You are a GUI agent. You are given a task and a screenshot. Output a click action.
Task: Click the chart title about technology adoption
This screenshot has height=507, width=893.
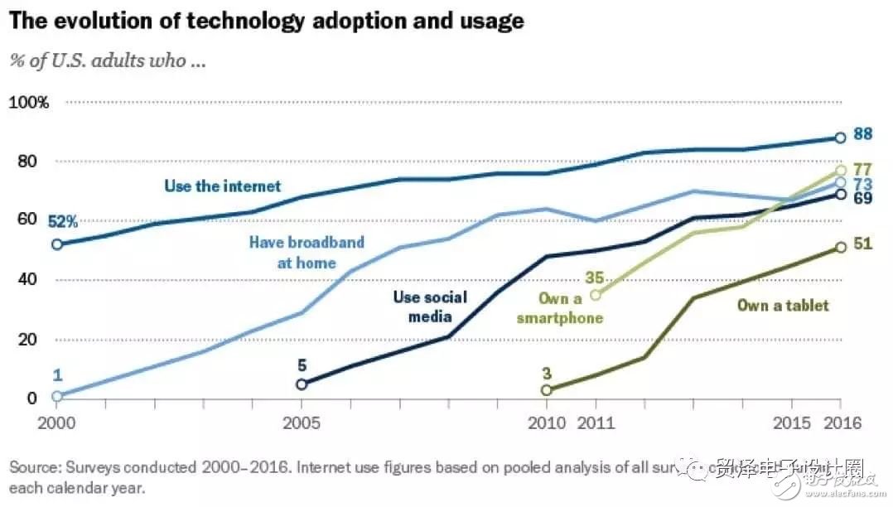point(267,21)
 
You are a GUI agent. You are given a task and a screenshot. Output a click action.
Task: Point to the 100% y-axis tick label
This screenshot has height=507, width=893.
point(29,103)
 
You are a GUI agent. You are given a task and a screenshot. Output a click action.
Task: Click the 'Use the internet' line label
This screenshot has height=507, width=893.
point(223,186)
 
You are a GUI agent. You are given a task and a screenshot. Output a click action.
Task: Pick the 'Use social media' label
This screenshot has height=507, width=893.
point(429,307)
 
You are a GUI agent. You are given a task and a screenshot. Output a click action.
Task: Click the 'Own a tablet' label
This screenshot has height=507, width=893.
point(783,306)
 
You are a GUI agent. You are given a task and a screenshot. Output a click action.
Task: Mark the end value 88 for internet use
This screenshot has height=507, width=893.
point(864,134)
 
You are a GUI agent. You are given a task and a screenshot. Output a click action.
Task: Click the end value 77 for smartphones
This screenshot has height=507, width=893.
point(864,169)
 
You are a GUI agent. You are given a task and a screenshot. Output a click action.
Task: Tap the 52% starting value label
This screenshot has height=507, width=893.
point(62,221)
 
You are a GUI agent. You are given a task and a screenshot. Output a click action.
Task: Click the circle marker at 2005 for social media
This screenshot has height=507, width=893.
point(302,384)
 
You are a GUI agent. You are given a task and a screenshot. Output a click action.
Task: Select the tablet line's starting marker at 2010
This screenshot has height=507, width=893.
point(547,390)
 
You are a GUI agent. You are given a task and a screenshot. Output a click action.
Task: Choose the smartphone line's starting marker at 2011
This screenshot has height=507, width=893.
point(596,295)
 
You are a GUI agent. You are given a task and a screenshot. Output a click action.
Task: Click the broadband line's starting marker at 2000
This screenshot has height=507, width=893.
point(56,396)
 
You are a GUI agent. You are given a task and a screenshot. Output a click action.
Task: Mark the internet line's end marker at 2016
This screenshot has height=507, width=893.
point(840,138)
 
